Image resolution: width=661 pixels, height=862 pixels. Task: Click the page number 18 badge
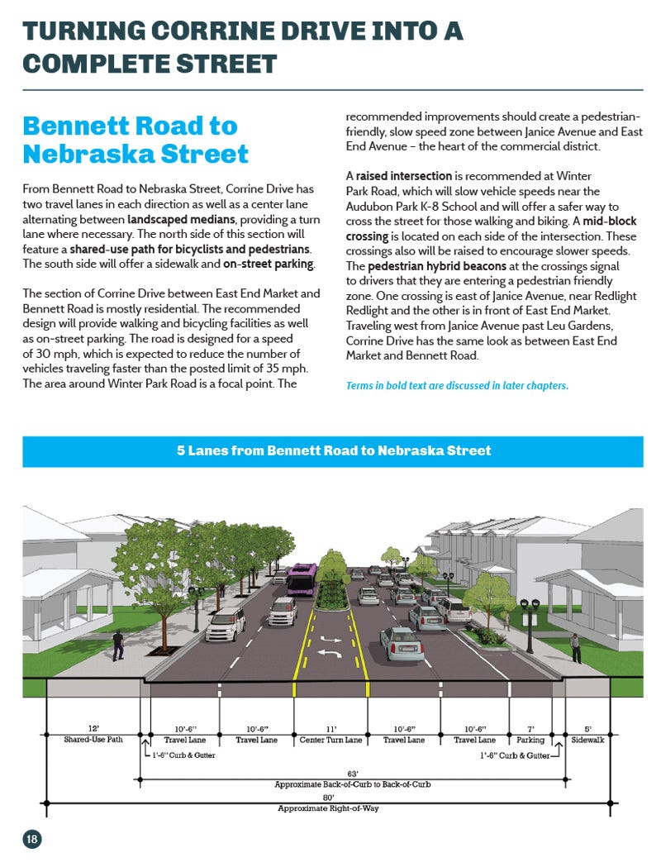coord(31,840)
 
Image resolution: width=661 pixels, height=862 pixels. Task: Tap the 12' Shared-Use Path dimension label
coord(93,735)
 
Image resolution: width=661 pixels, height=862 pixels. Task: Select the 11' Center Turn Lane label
coord(330,735)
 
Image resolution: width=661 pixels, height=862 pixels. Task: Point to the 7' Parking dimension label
coord(530,735)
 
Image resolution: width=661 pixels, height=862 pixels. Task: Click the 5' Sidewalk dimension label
coord(587,735)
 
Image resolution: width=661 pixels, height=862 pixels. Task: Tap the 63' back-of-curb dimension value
coord(352,774)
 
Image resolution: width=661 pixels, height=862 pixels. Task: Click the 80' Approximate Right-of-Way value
coord(328,798)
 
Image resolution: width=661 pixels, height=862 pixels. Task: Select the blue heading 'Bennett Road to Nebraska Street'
coord(136,140)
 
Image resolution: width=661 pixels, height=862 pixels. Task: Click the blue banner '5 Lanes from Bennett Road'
coord(333,451)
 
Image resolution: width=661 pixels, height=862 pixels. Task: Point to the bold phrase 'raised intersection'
coord(404,176)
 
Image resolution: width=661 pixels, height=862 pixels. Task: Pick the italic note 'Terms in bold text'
coord(456,386)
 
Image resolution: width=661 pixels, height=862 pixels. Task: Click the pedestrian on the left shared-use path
coord(117,644)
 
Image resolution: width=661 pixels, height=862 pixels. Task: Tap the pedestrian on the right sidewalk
coord(576,646)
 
